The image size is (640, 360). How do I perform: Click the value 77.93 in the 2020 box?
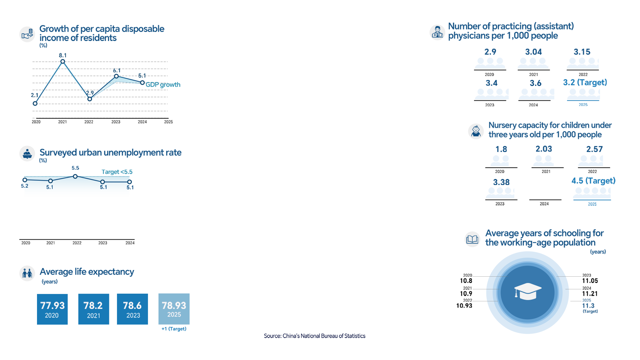click(x=52, y=305)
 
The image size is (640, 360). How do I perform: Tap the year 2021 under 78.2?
click(x=94, y=316)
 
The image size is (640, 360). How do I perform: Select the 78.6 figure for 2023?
click(x=132, y=305)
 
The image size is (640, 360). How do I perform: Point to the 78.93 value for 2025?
click(x=174, y=305)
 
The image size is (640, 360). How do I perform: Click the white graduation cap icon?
click(x=528, y=291)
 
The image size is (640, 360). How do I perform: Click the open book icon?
click(x=472, y=239)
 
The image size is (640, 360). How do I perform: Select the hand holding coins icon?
click(x=27, y=34)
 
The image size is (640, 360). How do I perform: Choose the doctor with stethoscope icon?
click(x=437, y=32)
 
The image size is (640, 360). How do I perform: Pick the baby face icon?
click(x=476, y=131)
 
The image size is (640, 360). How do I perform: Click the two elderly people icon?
click(x=27, y=273)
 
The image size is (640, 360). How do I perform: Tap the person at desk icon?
click(x=27, y=154)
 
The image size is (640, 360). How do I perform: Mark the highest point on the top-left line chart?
click(x=63, y=61)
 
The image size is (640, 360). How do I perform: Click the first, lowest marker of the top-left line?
click(x=35, y=104)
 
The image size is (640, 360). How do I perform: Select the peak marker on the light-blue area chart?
click(x=75, y=176)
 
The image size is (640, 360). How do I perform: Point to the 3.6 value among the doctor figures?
click(x=535, y=83)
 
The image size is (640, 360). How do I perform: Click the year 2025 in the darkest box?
click(x=174, y=315)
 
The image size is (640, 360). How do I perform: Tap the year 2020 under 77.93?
click(x=52, y=316)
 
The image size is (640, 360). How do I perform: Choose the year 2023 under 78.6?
click(x=133, y=316)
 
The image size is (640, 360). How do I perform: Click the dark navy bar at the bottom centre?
click(x=314, y=336)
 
